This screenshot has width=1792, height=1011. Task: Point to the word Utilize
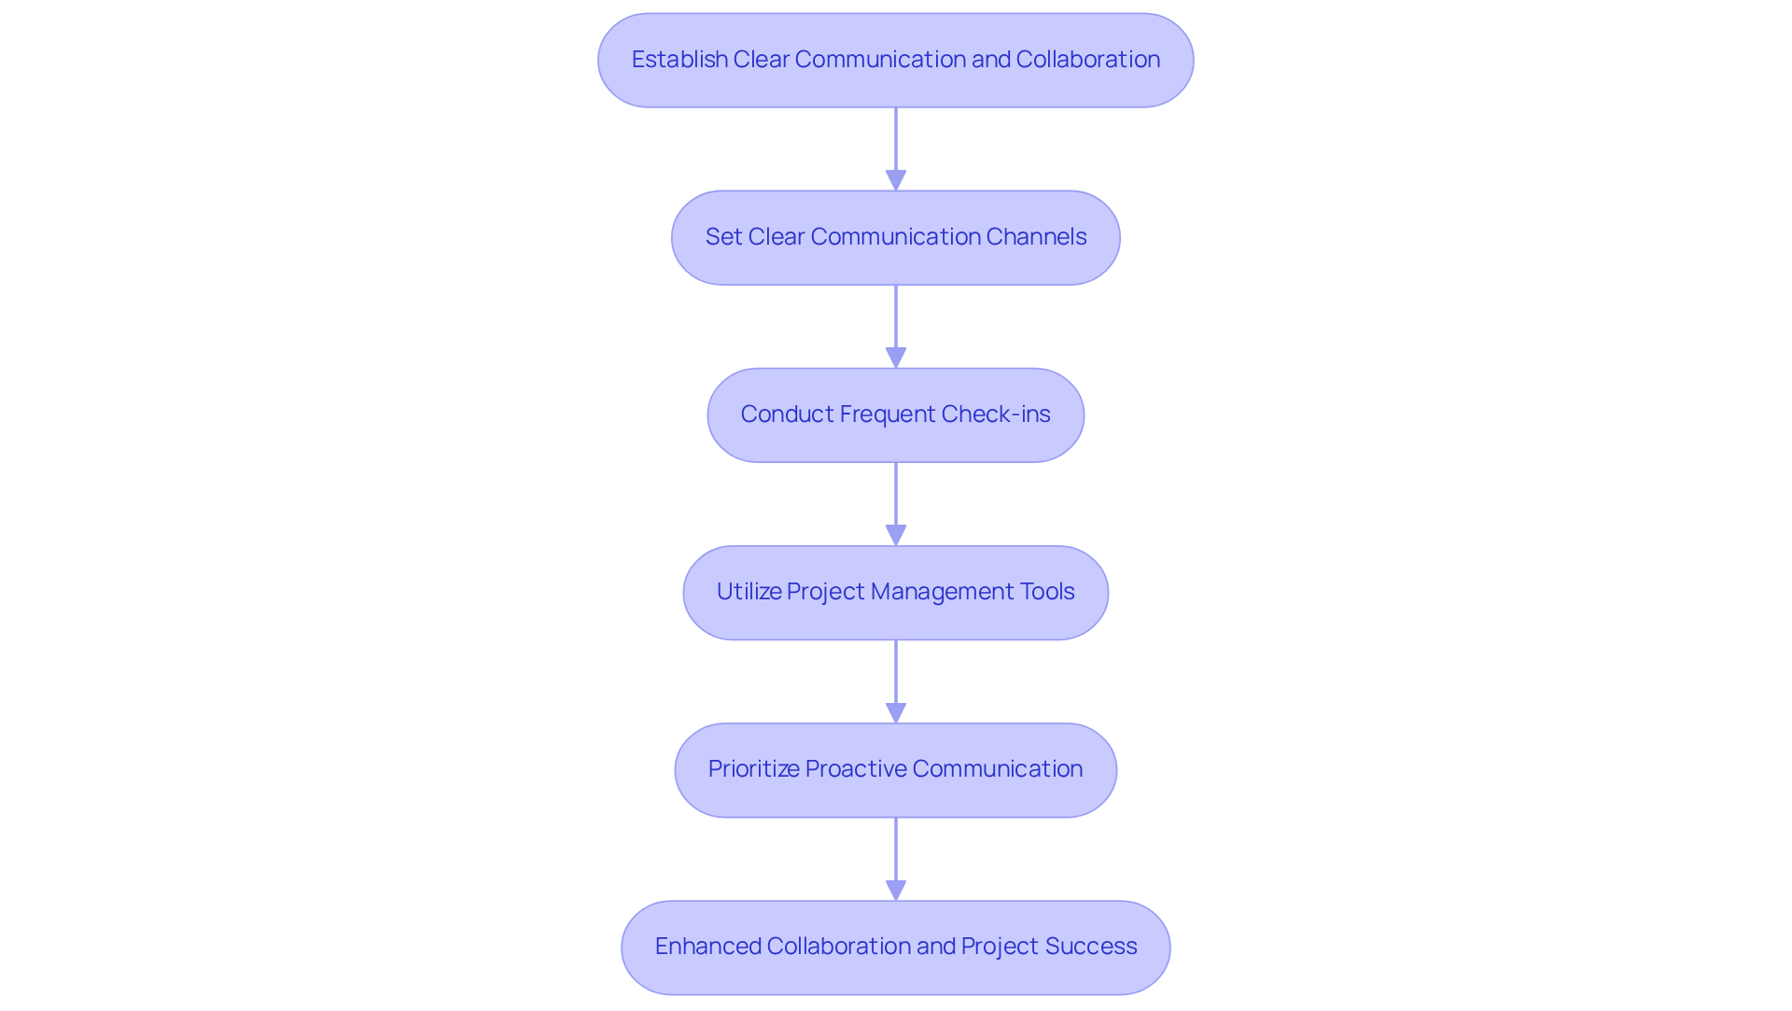(749, 592)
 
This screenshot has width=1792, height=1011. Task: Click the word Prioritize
(753, 769)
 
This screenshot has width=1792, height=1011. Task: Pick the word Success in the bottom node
(1091, 947)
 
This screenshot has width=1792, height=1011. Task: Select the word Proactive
(856, 769)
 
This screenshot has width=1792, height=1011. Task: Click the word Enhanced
(707, 947)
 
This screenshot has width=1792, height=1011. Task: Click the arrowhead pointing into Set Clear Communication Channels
(896, 180)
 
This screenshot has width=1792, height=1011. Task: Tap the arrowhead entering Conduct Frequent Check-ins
(896, 358)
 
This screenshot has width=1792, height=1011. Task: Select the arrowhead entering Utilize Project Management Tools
(896, 535)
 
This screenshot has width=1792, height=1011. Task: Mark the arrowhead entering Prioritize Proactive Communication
(896, 712)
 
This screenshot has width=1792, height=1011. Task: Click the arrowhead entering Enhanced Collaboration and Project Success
(896, 890)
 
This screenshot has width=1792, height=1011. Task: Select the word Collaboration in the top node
(1087, 60)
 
